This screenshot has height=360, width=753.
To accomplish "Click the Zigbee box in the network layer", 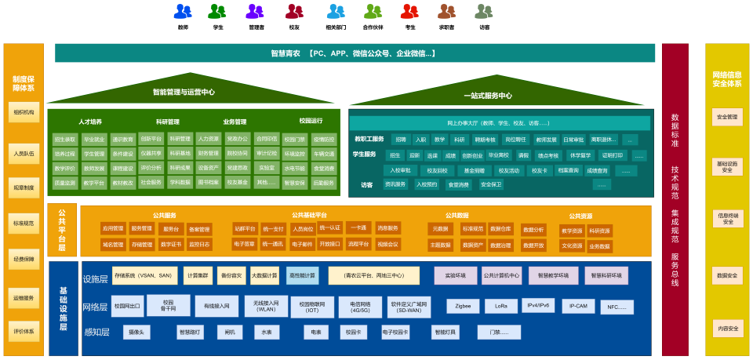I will [462, 305].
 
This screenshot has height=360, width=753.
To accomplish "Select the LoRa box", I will [501, 305].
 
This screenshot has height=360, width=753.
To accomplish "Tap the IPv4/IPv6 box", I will [539, 305].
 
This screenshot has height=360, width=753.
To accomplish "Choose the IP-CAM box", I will [578, 305].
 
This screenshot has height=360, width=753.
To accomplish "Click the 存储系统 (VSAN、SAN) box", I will [142, 275].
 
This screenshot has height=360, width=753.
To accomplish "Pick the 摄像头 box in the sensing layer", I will [136, 332].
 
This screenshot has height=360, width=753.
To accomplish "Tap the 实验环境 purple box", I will [456, 275].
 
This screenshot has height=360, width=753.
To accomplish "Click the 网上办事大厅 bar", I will [499, 123].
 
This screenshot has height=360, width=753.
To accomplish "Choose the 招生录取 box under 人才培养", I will [65, 139].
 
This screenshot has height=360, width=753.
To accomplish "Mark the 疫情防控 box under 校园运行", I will [323, 139].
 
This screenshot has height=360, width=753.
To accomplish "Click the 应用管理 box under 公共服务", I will [113, 229].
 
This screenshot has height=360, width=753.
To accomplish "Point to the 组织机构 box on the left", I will [24, 113].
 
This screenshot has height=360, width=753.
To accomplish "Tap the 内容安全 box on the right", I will [727, 328].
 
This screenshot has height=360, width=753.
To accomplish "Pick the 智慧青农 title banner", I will [355, 53].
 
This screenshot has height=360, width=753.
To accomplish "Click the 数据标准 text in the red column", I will [675, 130].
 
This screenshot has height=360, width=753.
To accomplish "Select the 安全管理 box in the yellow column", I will [727, 117].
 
